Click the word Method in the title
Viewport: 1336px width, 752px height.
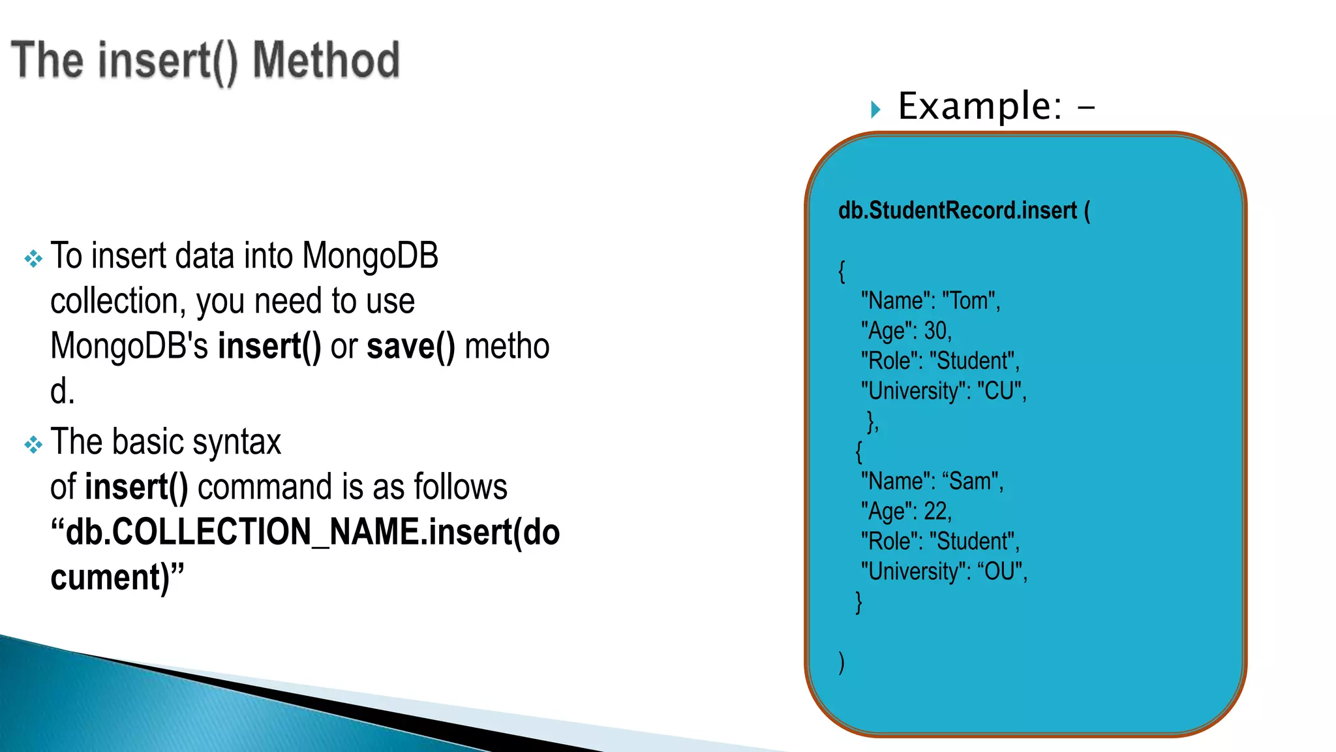[326, 60]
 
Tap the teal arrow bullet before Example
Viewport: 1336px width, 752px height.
[875, 109]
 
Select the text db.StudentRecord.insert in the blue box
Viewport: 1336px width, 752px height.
[957, 211]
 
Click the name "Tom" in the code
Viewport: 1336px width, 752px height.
[969, 301]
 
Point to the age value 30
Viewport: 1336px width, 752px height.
[935, 331]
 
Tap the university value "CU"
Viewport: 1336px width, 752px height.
[999, 391]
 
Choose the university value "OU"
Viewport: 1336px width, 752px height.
[999, 571]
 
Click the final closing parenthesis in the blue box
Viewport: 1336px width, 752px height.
[842, 662]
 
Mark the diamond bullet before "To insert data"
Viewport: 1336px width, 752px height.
[33, 259]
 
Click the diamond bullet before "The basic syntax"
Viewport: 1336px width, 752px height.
[33, 445]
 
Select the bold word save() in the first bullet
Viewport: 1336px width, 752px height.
[410, 346]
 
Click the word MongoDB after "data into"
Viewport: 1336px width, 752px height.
[370, 255]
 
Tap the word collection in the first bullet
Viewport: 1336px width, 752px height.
[114, 301]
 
